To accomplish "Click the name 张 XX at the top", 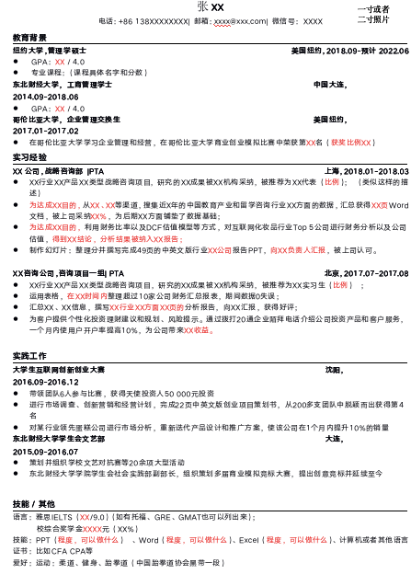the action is click(x=210, y=7).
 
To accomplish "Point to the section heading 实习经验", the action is click(x=29, y=157).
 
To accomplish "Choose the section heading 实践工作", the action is click(x=29, y=355).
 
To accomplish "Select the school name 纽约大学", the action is click(x=28, y=51).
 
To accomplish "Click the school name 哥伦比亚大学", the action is click(x=33, y=120).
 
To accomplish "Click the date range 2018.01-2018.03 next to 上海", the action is click(x=375, y=171).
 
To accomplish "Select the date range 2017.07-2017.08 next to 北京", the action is click(x=375, y=273).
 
